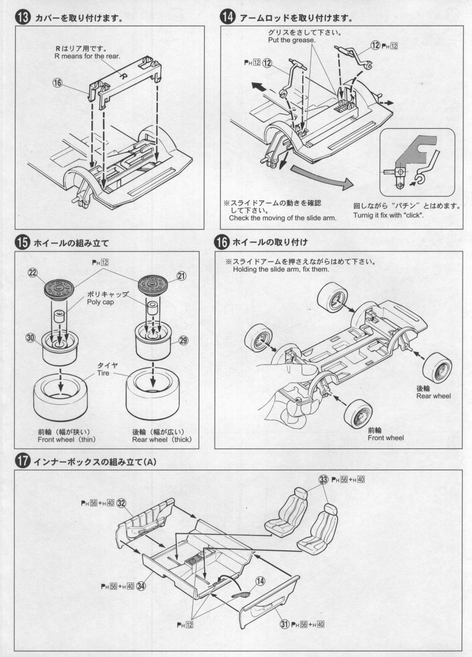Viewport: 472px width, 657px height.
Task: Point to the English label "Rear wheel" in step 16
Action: (x=433, y=396)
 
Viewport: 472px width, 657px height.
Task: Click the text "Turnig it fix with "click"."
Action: (x=400, y=215)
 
